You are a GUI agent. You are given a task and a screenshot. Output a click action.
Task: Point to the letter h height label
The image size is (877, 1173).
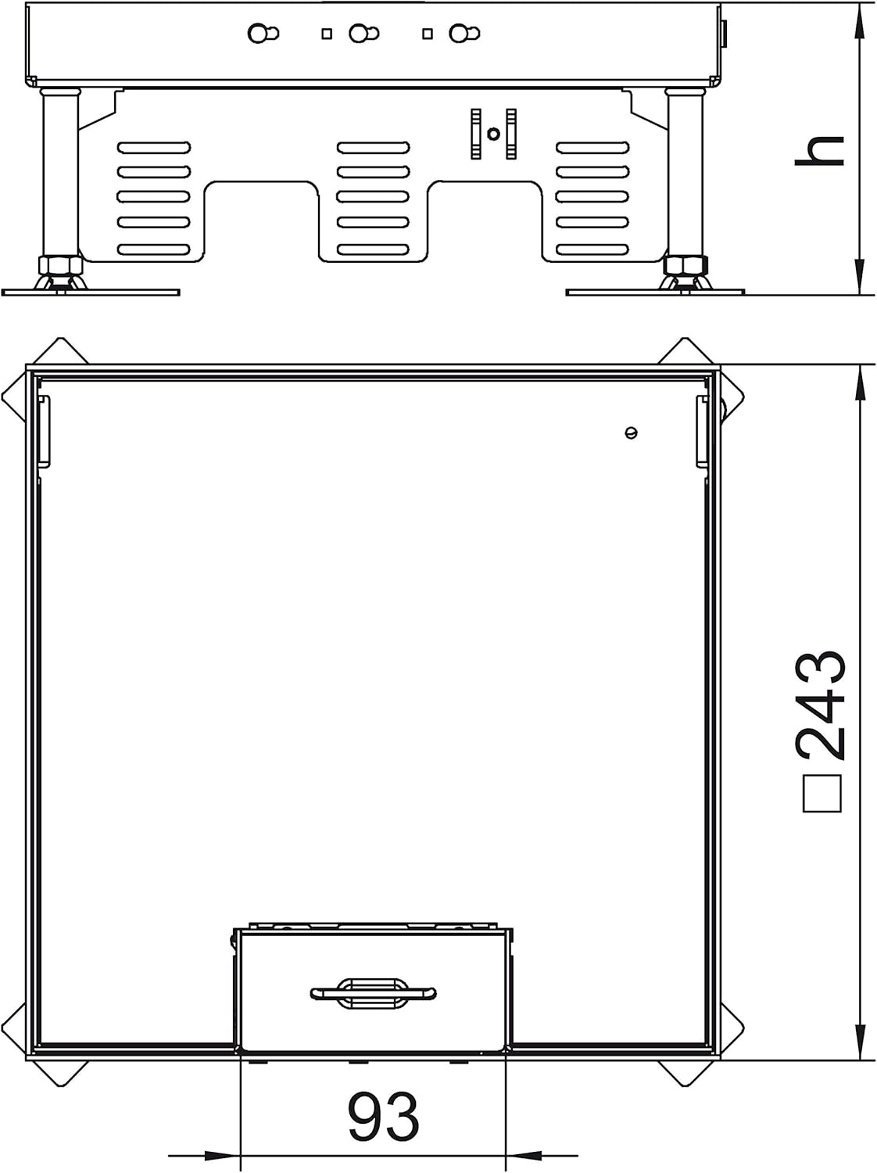(819, 150)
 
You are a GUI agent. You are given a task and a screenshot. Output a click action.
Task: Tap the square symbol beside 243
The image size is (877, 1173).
(822, 794)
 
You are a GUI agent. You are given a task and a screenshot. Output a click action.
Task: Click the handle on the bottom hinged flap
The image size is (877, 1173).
(374, 993)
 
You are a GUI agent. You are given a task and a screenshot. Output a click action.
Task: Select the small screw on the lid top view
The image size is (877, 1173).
(632, 432)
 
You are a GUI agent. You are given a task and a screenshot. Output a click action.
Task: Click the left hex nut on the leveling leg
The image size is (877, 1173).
(60, 264)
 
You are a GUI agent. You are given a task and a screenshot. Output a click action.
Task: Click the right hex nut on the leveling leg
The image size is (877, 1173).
(685, 264)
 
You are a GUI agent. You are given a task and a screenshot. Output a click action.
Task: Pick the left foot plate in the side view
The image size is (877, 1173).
(90, 292)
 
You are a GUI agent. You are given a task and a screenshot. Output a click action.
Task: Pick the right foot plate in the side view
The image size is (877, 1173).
(655, 292)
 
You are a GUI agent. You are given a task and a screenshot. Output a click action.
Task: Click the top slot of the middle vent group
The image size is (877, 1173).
(374, 147)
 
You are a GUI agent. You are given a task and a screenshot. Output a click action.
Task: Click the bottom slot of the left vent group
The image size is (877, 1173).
(154, 249)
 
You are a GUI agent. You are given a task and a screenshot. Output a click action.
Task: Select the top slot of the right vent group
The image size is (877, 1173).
(592, 147)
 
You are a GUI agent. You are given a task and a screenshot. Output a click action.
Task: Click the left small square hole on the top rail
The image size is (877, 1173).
(327, 34)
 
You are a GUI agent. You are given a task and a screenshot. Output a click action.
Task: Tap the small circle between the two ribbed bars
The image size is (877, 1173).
(495, 133)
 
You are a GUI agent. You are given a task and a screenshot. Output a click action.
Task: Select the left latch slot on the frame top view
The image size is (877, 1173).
(45, 429)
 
